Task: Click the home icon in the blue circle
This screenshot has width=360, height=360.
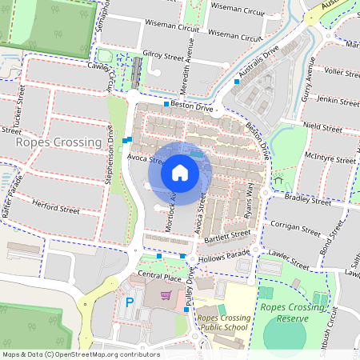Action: (x=180, y=173)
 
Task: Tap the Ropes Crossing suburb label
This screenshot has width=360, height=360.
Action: (x=56, y=142)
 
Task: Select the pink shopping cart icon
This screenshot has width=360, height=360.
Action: (x=166, y=296)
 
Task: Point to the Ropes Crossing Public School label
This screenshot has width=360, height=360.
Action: (x=223, y=322)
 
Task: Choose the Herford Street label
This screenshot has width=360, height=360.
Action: (x=56, y=209)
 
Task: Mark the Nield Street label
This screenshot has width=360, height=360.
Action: (x=322, y=126)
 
